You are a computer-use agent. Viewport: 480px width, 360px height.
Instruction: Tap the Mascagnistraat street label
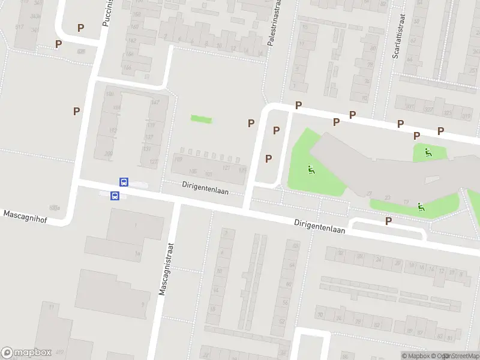click(x=166, y=269)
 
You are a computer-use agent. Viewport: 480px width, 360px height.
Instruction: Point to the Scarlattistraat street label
click(x=396, y=37)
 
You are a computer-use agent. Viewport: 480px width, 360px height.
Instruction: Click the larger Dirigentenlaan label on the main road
click(x=319, y=226)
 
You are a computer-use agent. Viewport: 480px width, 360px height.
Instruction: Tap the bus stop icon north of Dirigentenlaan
click(x=124, y=182)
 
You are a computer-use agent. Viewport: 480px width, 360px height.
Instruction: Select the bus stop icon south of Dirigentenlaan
click(x=114, y=196)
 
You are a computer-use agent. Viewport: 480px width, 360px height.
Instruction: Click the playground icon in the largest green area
click(x=311, y=170)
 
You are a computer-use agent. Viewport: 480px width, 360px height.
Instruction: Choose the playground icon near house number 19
click(x=421, y=207)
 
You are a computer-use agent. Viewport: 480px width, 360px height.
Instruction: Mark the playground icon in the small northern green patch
click(x=428, y=152)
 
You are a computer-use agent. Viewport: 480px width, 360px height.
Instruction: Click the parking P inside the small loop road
click(x=388, y=221)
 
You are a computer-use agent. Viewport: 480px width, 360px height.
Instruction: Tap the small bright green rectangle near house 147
click(x=201, y=119)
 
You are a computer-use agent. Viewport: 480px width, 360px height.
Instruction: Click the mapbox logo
click(x=26, y=353)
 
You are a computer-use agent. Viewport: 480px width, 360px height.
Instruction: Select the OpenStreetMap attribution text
click(x=457, y=356)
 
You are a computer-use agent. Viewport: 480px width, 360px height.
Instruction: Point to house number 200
click(x=109, y=154)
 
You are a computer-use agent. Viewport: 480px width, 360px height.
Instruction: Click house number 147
click(x=155, y=103)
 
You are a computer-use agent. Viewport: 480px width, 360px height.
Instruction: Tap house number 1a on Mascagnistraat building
click(x=137, y=254)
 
